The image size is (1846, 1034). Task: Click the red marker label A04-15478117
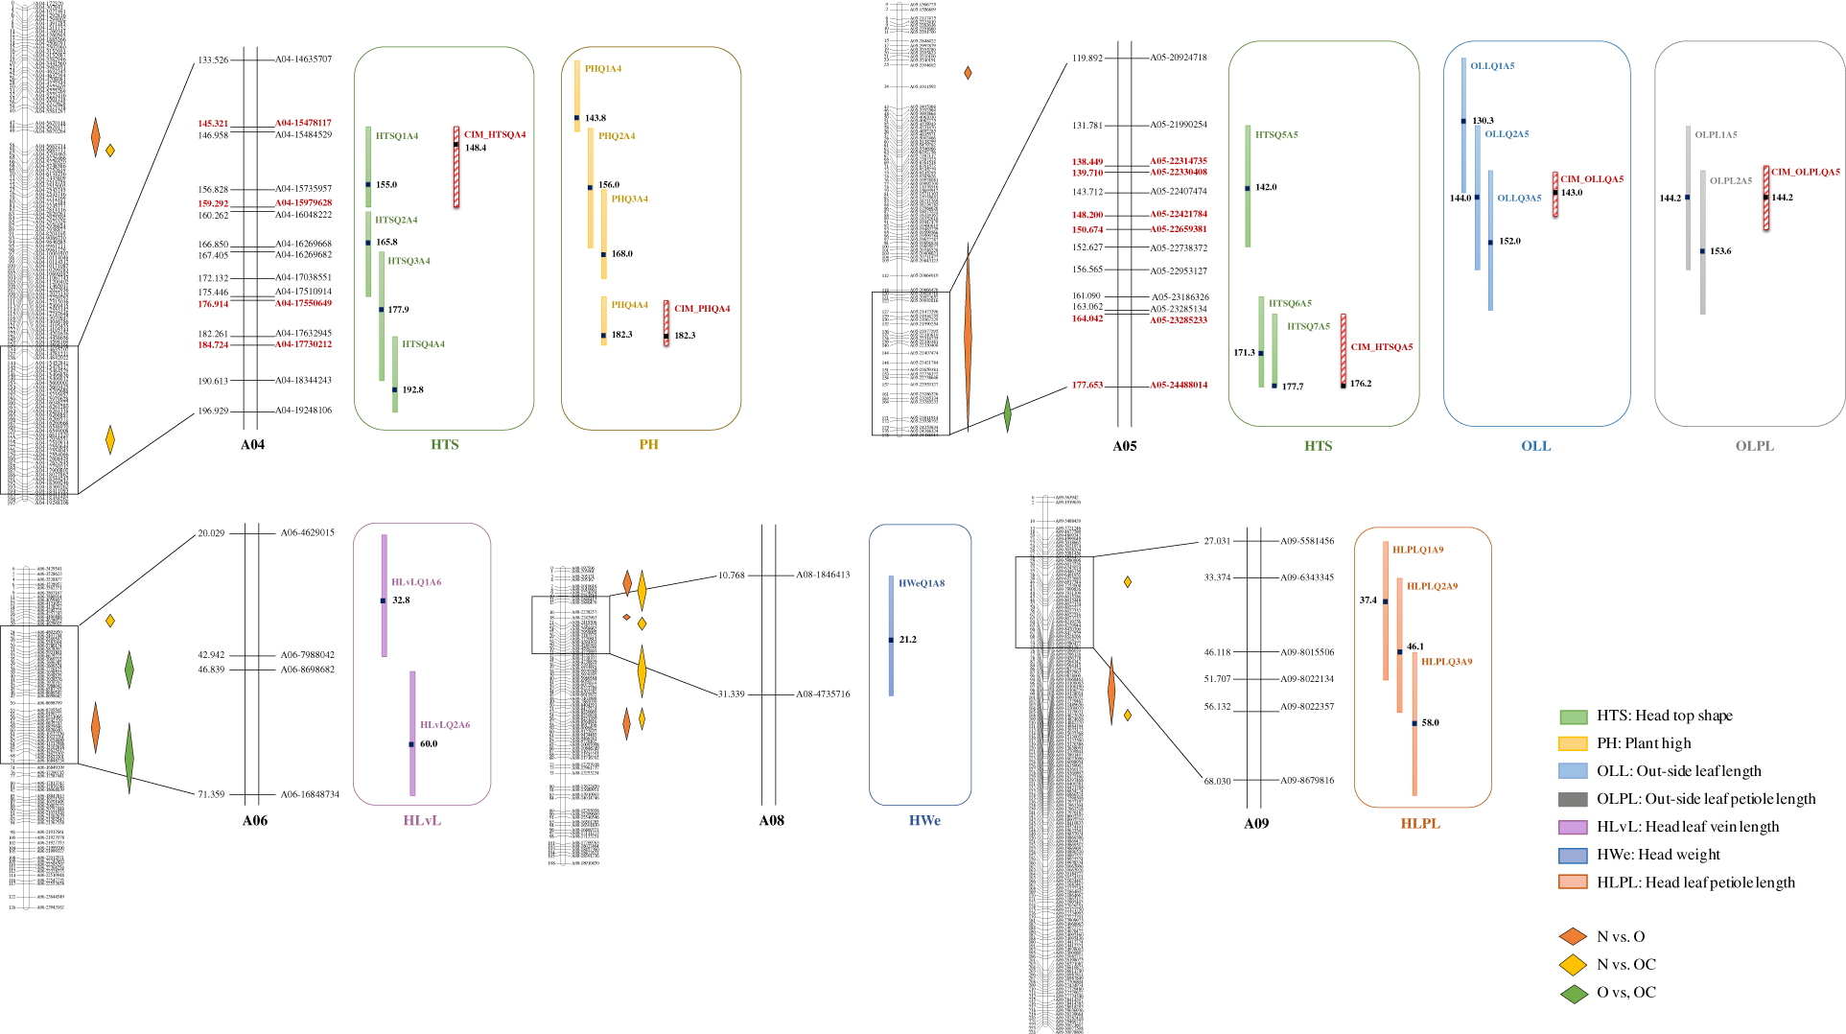pos(303,123)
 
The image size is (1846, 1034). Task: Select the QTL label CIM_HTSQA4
pos(495,134)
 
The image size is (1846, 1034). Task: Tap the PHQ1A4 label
pos(603,69)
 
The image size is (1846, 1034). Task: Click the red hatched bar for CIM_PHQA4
pos(666,322)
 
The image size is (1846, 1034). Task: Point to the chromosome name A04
pos(252,444)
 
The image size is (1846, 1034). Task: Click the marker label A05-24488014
pos(1179,385)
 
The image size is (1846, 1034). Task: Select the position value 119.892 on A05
pos(1087,58)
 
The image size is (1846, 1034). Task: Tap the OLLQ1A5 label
pos(1492,66)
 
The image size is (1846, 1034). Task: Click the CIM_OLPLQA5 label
pos(1805,172)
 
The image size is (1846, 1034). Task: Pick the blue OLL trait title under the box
pos(1535,446)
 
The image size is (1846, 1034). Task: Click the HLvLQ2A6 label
pos(445,725)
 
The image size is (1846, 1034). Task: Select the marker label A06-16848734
pos(310,794)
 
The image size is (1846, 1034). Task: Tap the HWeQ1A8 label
pos(922,583)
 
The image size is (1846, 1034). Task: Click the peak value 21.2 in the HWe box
pos(907,639)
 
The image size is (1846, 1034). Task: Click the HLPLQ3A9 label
pos(1446,662)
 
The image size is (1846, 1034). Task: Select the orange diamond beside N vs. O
pos(1573,936)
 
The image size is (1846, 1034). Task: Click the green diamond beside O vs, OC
pos(1573,993)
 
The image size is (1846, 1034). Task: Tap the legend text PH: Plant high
pos(1657,743)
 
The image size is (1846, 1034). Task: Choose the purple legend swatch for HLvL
pos(1573,827)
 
